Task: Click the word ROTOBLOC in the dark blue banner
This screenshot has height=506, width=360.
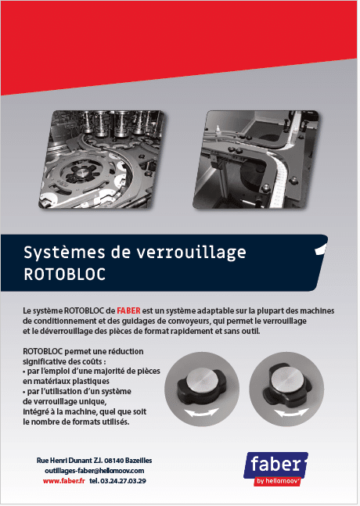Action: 65,275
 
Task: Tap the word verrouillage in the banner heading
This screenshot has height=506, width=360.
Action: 191,253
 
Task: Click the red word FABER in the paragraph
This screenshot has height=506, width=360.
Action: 128,310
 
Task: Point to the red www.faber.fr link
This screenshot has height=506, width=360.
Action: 64,481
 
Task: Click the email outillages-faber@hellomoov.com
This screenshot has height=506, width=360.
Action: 94,471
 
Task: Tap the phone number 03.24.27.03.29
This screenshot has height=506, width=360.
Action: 123,481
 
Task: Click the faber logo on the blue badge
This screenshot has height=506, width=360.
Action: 276,465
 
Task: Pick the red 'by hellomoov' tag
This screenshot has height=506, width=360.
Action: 278,481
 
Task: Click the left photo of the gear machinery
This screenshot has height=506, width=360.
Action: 102,159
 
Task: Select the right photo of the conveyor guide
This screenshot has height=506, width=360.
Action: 256,159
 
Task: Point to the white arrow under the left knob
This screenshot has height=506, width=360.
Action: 201,412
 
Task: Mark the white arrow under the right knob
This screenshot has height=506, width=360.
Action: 291,412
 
